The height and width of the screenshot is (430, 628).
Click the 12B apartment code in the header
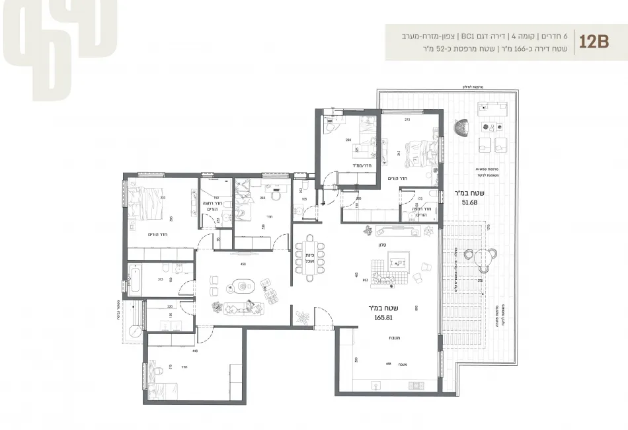click(593, 42)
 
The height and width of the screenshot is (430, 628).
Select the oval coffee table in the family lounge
click(241, 286)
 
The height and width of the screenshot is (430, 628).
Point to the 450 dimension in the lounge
click(243, 264)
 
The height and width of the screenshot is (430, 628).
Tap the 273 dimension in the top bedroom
click(407, 120)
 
